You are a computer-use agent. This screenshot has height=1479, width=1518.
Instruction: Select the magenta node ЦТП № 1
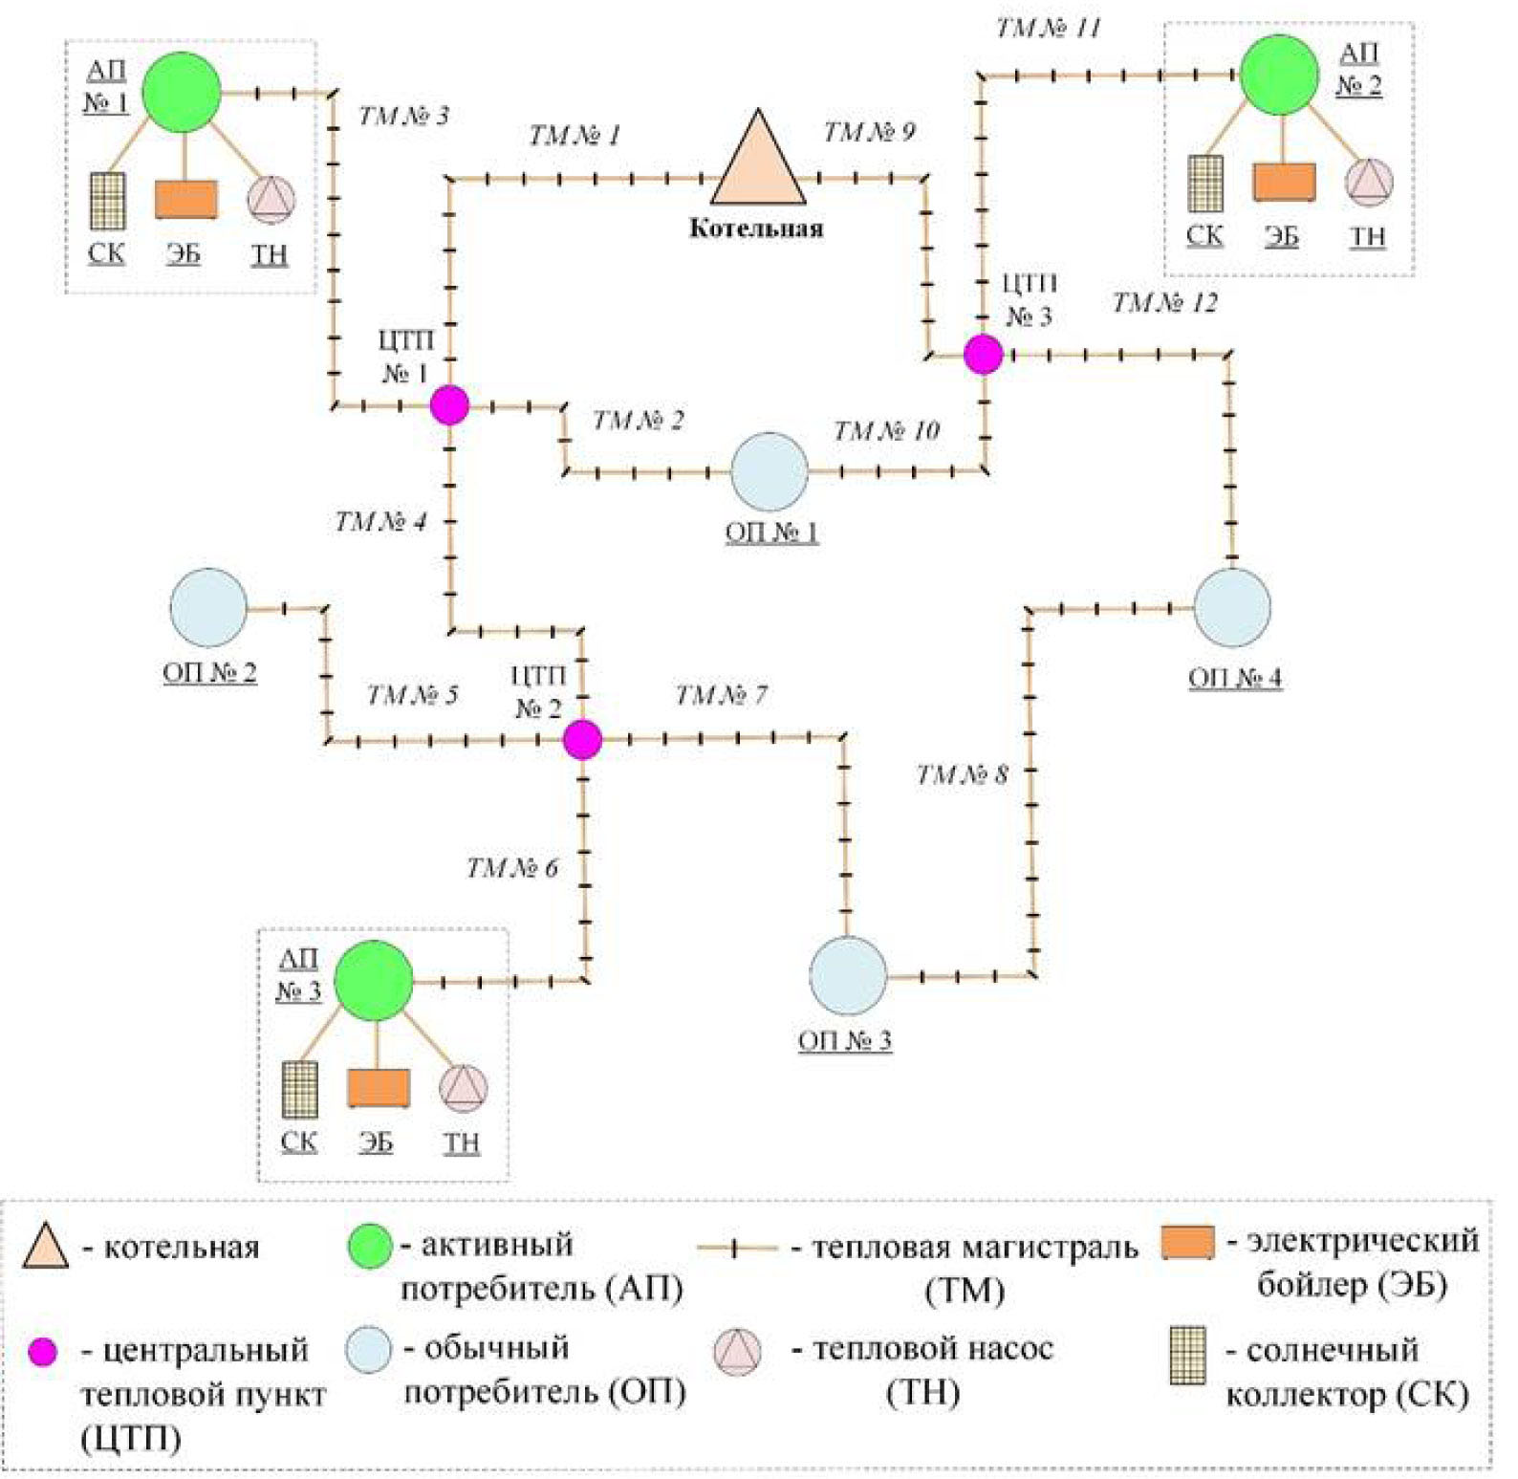(x=449, y=405)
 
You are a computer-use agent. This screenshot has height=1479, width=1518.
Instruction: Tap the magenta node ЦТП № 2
(x=582, y=739)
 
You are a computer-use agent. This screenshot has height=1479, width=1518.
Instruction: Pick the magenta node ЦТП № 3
(x=983, y=354)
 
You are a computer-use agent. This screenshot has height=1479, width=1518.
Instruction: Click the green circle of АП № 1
(x=182, y=92)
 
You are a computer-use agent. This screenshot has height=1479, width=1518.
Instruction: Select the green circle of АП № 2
(x=1279, y=75)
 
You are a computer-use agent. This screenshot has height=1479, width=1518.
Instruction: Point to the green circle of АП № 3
(x=375, y=980)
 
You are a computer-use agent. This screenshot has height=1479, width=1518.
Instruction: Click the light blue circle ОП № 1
(x=770, y=471)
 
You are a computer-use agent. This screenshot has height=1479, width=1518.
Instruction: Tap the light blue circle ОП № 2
(x=208, y=608)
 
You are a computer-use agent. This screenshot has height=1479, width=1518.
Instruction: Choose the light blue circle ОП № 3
(x=848, y=976)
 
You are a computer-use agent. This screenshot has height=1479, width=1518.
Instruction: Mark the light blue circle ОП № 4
(x=1232, y=607)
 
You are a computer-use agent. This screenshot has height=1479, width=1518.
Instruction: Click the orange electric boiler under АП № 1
(x=185, y=199)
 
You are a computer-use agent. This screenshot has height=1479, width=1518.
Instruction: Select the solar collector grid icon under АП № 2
(x=1205, y=184)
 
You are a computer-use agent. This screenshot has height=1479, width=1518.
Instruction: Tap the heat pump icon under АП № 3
(x=464, y=1088)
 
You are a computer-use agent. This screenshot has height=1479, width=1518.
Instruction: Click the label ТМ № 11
(x=1049, y=29)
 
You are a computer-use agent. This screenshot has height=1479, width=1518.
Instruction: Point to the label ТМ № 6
(x=511, y=868)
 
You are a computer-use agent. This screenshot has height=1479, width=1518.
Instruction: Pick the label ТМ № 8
(x=962, y=774)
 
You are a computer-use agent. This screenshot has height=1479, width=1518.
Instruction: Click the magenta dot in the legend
(x=42, y=1351)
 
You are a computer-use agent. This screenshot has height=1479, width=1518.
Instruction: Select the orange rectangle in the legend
(x=1188, y=1243)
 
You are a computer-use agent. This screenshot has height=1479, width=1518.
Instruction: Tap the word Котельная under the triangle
(x=756, y=228)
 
